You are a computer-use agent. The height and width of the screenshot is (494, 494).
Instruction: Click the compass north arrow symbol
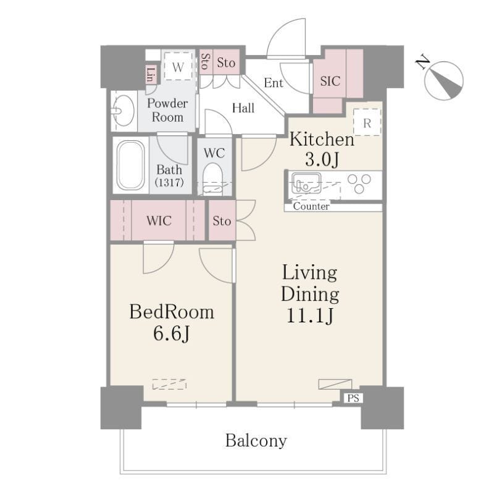pyautogui.click(x=444, y=81)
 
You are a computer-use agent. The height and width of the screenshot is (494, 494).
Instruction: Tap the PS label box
pyautogui.click(x=353, y=398)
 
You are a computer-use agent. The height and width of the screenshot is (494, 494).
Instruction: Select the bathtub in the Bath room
pyautogui.click(x=131, y=165)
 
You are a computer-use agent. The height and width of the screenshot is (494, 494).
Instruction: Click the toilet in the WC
pyautogui.click(x=213, y=178)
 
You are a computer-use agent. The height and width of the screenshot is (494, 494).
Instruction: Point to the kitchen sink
pyautogui.click(x=306, y=183)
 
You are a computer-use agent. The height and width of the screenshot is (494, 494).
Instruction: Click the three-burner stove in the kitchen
pyautogui.click(x=359, y=183)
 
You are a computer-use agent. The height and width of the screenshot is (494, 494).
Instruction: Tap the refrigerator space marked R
pyautogui.click(x=367, y=122)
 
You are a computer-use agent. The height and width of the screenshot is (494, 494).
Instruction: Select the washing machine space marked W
pyautogui.click(x=178, y=67)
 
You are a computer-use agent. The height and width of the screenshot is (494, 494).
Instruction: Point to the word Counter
pyautogui.click(x=311, y=206)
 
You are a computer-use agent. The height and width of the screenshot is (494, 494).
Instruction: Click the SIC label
pyautogui.click(x=330, y=82)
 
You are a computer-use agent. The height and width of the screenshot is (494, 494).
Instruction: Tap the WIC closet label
pyautogui.click(x=159, y=220)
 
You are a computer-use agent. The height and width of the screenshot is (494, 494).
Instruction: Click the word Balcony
pyautogui.click(x=256, y=441)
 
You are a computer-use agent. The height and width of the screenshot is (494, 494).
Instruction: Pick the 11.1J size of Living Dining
pyautogui.click(x=310, y=316)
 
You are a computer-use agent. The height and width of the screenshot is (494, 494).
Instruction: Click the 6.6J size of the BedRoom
pyautogui.click(x=172, y=333)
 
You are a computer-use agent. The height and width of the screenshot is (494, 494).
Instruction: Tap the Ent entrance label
pyautogui.click(x=274, y=83)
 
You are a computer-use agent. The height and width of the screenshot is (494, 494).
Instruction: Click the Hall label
pyautogui.click(x=243, y=108)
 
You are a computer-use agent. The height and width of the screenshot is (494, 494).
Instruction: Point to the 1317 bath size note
pyautogui.click(x=169, y=182)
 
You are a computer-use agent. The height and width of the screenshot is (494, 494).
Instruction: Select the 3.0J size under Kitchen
pyautogui.click(x=322, y=159)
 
